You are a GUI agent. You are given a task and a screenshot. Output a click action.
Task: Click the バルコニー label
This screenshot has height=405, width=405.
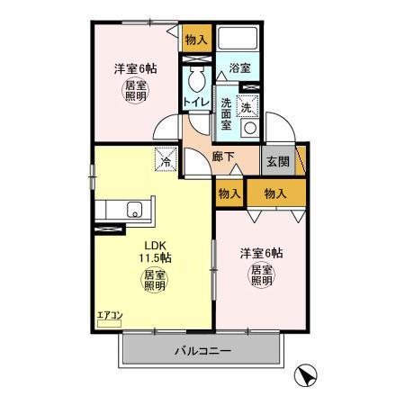tap(202, 351)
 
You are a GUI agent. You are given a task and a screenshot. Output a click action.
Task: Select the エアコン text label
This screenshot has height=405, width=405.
tap(109, 315)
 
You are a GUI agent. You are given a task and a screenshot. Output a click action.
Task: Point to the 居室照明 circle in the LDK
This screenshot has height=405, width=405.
tap(155, 280)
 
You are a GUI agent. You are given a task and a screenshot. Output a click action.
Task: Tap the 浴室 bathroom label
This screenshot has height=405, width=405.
tap(239, 67)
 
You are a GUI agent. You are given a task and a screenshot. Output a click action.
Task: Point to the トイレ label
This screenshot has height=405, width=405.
tap(197, 103)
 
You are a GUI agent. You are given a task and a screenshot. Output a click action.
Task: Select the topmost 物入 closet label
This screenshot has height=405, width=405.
tap(196, 40)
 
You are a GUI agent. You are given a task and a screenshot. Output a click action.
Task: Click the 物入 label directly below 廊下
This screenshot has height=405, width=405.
tap(229, 193)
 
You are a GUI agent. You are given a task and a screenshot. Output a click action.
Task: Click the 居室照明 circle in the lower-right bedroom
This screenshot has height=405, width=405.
tap(261, 274)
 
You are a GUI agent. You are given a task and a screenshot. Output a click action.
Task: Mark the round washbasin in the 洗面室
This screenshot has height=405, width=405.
tap(249, 129)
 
